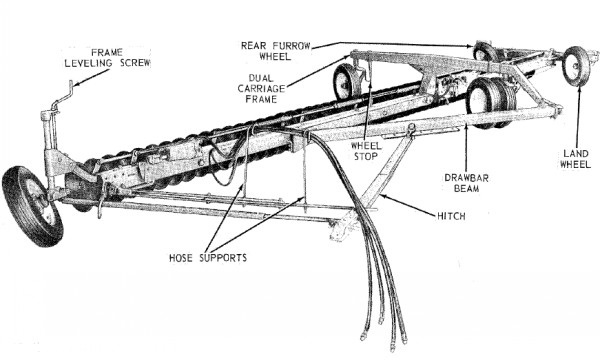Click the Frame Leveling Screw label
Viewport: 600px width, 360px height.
pos(107,58)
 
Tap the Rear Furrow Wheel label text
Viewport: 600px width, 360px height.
pos(276,51)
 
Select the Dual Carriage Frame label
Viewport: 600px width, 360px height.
pos(261,89)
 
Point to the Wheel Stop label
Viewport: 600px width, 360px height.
pos(366,151)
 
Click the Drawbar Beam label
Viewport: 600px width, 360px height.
pos(466,183)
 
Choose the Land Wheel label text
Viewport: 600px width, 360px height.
pos(575,159)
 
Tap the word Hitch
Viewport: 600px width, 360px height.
pos(452,216)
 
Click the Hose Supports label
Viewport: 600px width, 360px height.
pos(208,258)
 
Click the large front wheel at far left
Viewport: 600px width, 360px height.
pos(32,206)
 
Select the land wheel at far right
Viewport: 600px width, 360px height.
pos(576,66)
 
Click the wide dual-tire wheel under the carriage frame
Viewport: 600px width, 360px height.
pos(491,103)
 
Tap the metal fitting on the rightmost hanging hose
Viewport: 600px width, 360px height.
pos(404,340)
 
